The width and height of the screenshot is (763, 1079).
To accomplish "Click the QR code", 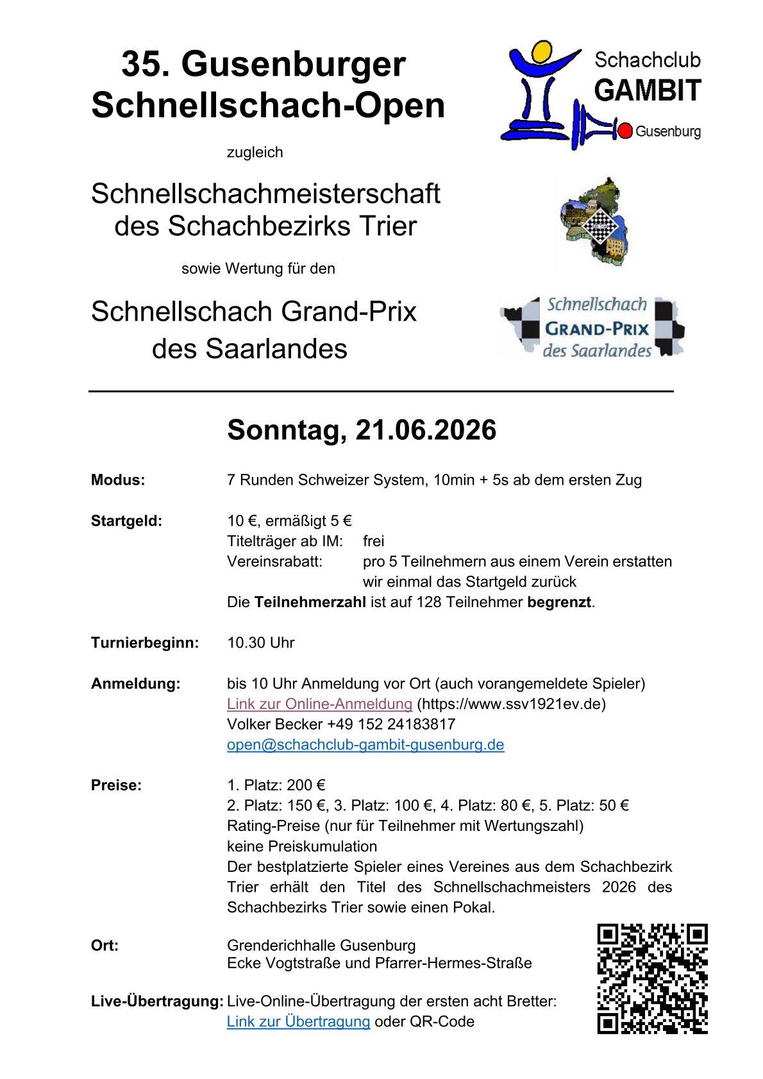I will [x=652, y=978].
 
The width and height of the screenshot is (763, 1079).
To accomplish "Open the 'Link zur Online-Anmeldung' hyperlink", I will [x=319, y=704].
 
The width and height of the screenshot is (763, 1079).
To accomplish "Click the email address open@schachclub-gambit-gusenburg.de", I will [x=365, y=745].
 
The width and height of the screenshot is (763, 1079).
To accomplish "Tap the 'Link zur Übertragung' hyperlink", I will [x=298, y=1022].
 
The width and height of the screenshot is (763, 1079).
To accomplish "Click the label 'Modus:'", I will [x=118, y=480].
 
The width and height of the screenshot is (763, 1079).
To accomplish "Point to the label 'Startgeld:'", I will [x=126, y=521].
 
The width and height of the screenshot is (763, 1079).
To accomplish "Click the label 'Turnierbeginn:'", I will [x=145, y=643].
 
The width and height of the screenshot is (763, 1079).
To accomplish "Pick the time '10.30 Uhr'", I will [x=260, y=643].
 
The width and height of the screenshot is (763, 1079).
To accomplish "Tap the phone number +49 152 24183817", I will [x=391, y=724].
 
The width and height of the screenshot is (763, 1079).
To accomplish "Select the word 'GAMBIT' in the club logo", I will [x=648, y=91].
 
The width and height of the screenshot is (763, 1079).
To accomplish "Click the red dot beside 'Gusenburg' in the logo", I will [x=625, y=131].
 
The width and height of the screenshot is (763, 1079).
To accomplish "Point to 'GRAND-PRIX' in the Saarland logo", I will [x=597, y=330].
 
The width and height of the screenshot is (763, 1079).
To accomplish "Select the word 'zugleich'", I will [x=255, y=153].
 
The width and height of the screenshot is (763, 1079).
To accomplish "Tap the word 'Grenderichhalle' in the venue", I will [x=281, y=946].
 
